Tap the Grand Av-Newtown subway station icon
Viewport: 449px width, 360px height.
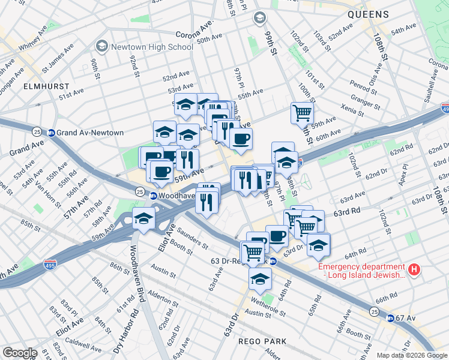(52, 133)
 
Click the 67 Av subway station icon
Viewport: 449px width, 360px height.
(390, 319)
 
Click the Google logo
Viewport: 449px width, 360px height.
(19, 352)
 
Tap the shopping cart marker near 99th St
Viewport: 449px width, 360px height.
(302, 112)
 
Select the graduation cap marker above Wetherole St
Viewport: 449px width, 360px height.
(260, 279)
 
